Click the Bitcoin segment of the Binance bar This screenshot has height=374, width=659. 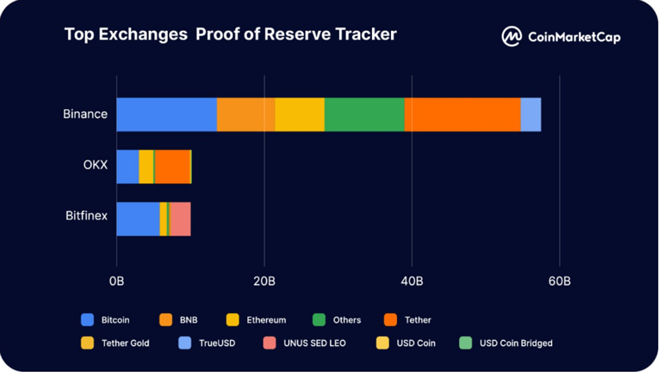click(x=166, y=115)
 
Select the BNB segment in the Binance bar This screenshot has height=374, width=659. click(x=246, y=115)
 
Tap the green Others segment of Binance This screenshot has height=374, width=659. click(x=364, y=115)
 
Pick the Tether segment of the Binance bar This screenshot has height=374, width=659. click(x=462, y=115)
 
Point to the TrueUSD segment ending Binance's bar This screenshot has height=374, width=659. click(x=530, y=115)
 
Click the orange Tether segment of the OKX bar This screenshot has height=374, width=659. click(x=173, y=167)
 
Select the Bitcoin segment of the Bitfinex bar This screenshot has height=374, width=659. click(x=138, y=219)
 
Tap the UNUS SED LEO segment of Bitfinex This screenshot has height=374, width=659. click(x=180, y=219)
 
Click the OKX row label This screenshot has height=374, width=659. click(x=95, y=165)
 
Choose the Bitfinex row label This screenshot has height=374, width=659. click(x=86, y=217)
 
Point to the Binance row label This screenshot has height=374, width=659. click(x=85, y=114)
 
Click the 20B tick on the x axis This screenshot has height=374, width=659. click(x=264, y=280)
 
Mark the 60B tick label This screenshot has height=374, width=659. click(x=560, y=280)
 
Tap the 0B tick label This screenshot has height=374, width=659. click(x=116, y=280)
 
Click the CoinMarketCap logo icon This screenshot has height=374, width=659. click(x=512, y=36)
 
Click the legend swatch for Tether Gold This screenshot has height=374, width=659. click(x=87, y=343)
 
